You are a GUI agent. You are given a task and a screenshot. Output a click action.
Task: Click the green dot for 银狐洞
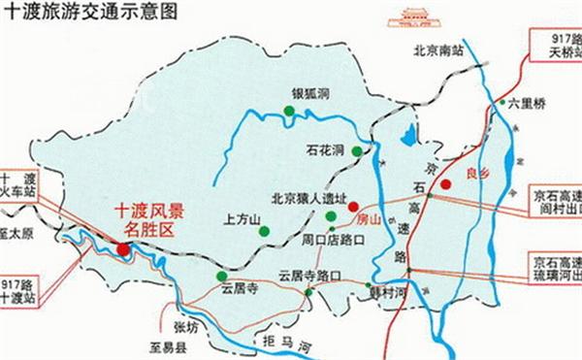coord(288,115)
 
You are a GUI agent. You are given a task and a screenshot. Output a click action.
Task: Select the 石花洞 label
coord(323,151)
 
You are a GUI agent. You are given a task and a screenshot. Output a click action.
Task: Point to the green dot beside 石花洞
coord(358,150)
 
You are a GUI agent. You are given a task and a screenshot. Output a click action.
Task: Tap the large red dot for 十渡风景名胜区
coord(124,250)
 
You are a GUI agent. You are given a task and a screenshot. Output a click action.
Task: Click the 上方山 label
coord(242,219)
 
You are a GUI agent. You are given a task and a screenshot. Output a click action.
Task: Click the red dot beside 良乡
coord(445,183)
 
